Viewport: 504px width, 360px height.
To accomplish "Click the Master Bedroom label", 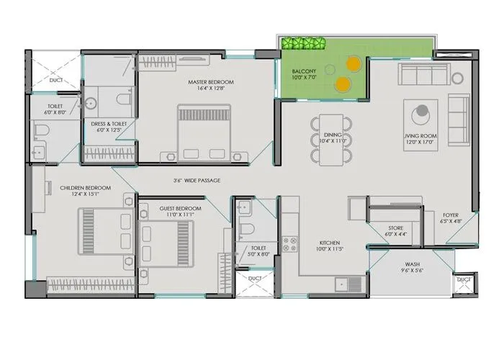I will coord(211,82).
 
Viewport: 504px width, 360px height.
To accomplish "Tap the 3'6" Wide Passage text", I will coord(197,180).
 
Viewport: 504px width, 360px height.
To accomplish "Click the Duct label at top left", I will coord(55,81).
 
